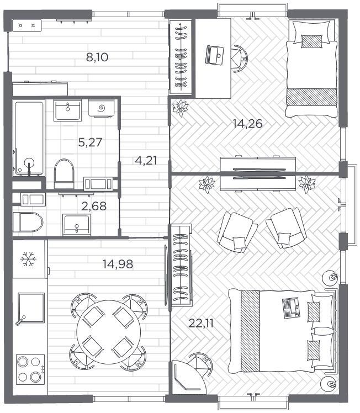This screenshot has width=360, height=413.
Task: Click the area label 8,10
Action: [x=97, y=57]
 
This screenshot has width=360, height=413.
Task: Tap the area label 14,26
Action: [x=247, y=123]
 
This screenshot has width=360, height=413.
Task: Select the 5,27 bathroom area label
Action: [x=90, y=142]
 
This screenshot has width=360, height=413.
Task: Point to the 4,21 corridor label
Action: [x=146, y=160]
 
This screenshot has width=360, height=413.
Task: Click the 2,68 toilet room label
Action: [x=94, y=206]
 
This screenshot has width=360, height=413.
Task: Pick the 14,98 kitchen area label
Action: [x=118, y=264]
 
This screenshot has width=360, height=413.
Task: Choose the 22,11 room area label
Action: [x=201, y=323]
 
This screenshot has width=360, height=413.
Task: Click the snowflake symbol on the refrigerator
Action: [x=28, y=259]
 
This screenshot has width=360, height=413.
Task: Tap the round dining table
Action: [x=109, y=332]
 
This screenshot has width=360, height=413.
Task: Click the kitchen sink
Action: [x=31, y=308]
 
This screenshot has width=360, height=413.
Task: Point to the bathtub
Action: [x=29, y=138]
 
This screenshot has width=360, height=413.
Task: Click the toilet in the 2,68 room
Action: [x=28, y=222]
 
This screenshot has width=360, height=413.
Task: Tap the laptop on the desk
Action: [x=214, y=55]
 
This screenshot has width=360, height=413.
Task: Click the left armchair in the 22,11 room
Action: [x=237, y=232]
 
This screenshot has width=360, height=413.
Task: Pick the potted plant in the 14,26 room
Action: [x=181, y=108]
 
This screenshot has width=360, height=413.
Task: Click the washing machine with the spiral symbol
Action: [x=101, y=108]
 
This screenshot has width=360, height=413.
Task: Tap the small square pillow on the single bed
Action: [x=312, y=41]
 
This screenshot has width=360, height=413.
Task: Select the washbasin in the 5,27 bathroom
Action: [x=68, y=110]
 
